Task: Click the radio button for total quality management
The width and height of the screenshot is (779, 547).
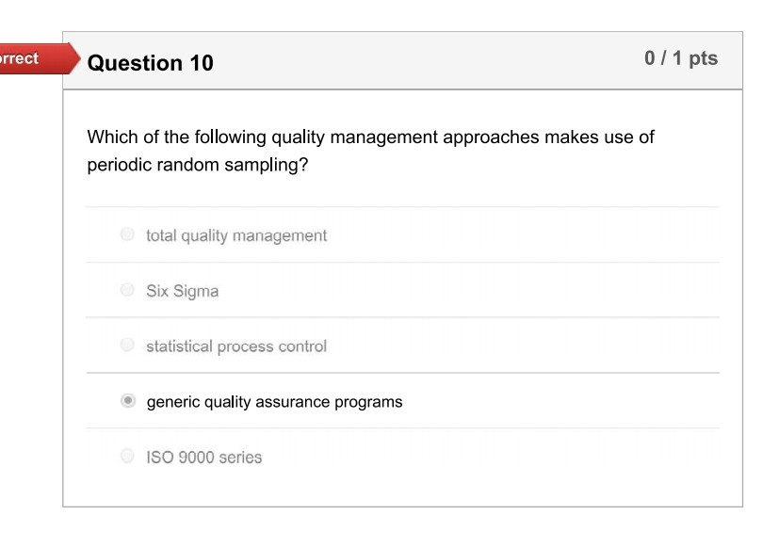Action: point(127,234)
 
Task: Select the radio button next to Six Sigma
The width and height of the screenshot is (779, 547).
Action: point(127,290)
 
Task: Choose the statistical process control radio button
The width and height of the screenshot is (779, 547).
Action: point(127,346)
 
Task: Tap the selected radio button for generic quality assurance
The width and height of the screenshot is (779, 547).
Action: point(127,401)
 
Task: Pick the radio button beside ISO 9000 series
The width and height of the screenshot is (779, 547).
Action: point(127,457)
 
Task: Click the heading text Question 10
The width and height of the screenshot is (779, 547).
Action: point(150,63)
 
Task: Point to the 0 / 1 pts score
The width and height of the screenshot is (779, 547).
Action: point(680,58)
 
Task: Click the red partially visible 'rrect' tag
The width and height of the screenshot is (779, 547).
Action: point(21,58)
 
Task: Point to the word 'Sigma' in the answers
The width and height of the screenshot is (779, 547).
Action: point(196,291)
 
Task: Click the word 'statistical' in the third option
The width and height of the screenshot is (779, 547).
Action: point(179,346)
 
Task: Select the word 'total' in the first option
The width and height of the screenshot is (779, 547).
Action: point(161,235)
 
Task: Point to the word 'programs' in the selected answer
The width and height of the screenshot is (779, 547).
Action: point(369,402)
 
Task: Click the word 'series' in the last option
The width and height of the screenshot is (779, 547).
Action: point(239,458)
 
